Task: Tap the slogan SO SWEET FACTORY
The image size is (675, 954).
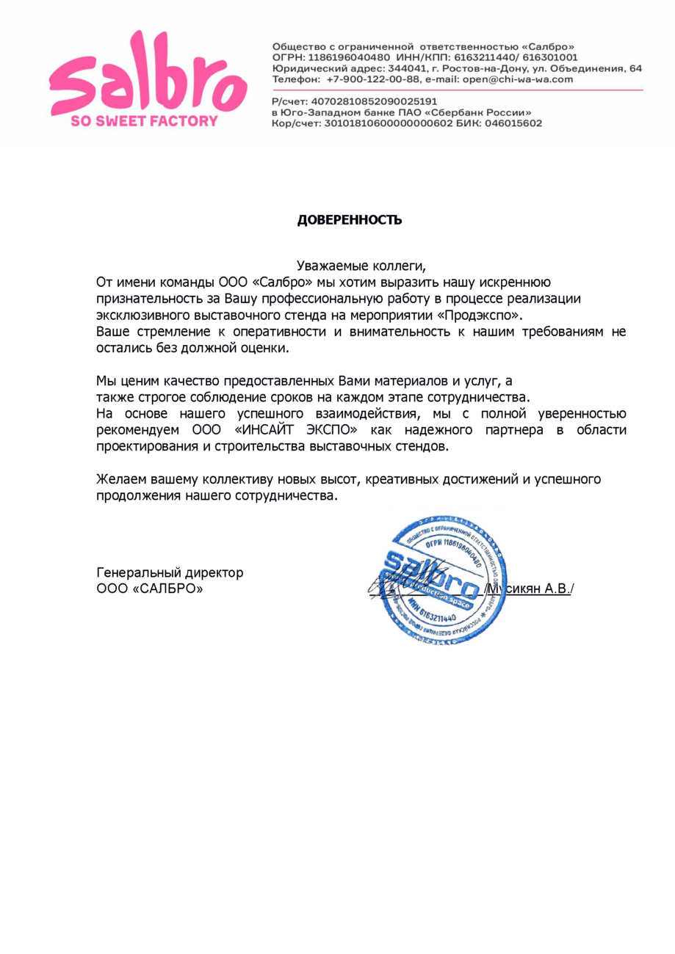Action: (x=144, y=121)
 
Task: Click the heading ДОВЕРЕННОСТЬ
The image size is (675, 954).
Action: (x=350, y=220)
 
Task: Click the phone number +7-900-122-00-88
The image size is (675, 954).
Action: (x=373, y=79)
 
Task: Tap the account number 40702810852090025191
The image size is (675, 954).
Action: (x=375, y=101)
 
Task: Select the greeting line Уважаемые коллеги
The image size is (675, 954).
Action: (x=360, y=266)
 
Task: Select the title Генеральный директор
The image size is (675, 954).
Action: (x=170, y=572)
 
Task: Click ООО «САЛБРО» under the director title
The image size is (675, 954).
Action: (x=150, y=589)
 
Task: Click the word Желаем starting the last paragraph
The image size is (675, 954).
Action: (x=122, y=480)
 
